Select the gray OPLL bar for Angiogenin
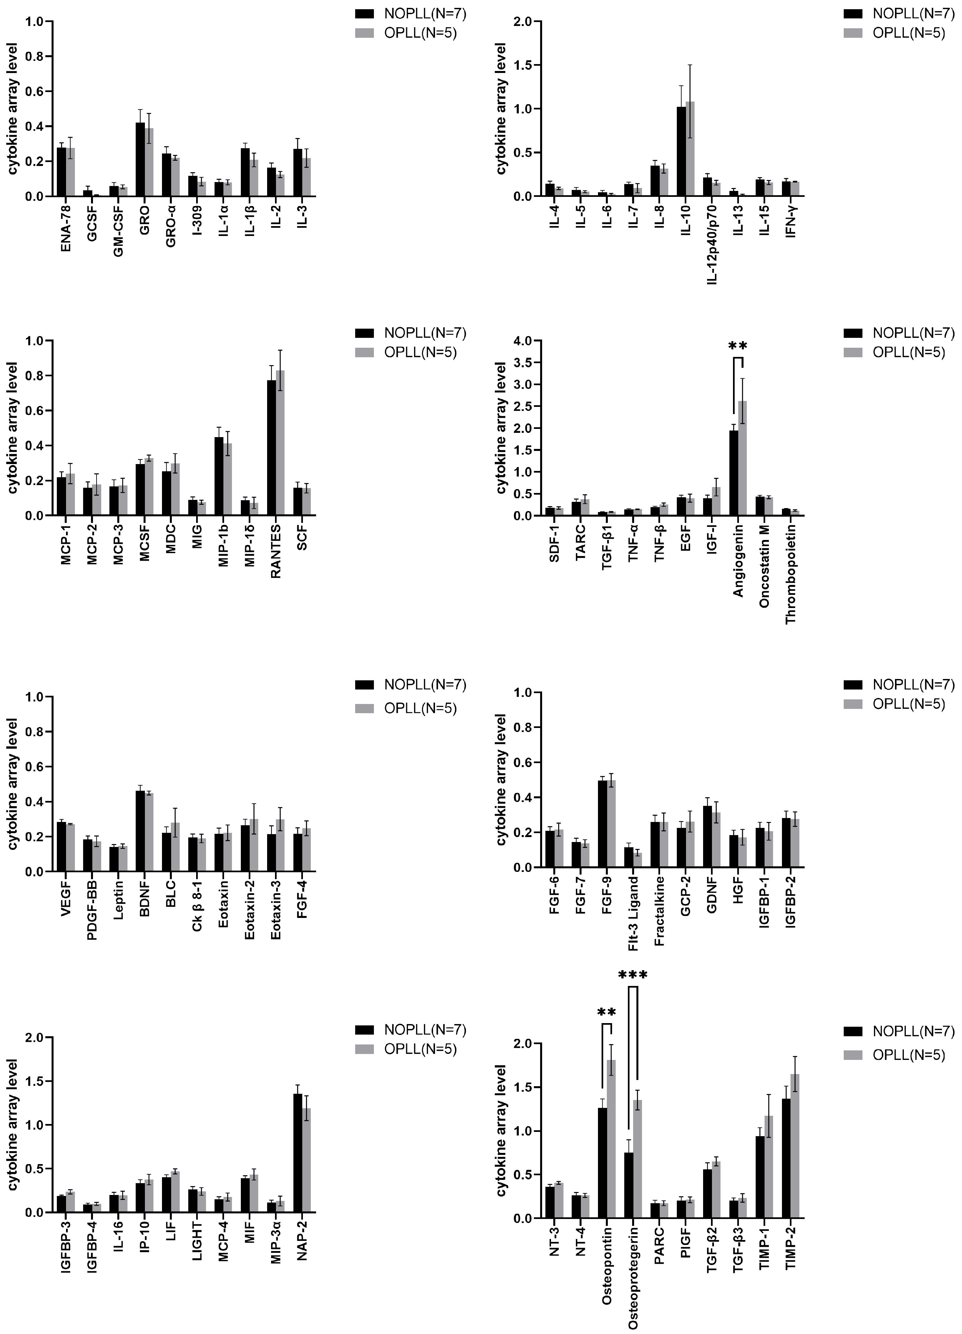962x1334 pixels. pyautogui.click(x=743, y=459)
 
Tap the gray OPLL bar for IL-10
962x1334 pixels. pyautogui.click(x=690, y=150)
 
